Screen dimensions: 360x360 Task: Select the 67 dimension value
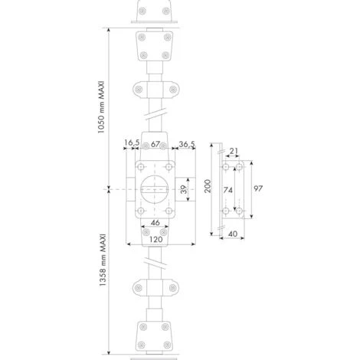155,143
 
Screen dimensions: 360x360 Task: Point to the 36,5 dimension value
186,143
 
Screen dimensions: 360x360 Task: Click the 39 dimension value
184,188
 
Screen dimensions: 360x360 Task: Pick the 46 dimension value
155,222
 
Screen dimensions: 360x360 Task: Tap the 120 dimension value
155,239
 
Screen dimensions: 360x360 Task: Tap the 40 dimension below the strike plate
234,235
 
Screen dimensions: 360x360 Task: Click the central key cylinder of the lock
155,186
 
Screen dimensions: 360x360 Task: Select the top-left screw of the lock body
140,165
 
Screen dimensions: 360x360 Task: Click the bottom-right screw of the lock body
169,211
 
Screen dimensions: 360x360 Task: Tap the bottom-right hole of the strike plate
239,210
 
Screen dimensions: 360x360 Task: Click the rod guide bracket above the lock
155,90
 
